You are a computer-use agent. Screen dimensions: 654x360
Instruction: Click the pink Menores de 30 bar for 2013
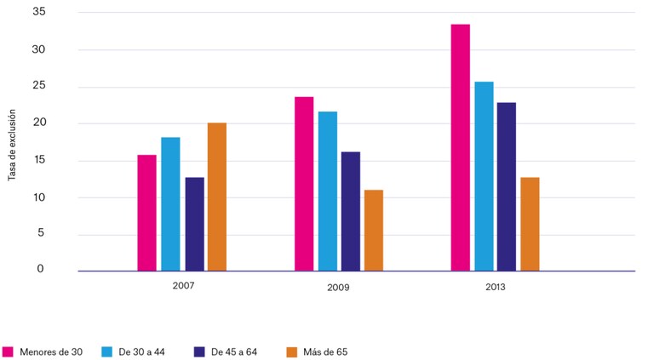[461, 147]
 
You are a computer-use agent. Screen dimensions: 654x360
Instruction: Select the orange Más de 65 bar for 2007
[217, 197]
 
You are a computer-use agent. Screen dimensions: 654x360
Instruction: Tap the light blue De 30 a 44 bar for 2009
[328, 191]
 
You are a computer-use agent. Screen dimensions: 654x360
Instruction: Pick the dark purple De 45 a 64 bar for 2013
[507, 186]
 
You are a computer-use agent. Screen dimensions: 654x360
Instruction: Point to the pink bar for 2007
[146, 213]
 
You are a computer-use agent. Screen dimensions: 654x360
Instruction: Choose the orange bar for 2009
[374, 231]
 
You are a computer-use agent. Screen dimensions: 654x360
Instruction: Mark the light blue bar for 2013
[484, 176]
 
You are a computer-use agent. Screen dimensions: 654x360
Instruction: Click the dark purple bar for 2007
[195, 224]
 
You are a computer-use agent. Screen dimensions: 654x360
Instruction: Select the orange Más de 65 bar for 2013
[530, 224]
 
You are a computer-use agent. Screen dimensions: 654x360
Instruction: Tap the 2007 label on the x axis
[183, 286]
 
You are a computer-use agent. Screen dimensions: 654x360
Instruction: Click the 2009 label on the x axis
[338, 288]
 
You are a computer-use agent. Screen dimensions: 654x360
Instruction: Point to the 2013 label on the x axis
[495, 287]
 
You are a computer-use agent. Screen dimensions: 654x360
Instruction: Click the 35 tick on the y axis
[39, 12]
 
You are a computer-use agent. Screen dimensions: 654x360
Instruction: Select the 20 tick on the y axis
[39, 123]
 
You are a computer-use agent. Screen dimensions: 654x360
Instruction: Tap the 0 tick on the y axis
[40, 269]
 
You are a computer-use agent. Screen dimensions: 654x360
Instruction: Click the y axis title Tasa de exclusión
[12, 145]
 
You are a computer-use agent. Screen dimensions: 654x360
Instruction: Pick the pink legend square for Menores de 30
[8, 351]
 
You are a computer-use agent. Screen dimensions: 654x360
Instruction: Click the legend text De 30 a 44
[142, 352]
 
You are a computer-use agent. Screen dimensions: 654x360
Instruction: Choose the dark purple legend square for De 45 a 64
[199, 351]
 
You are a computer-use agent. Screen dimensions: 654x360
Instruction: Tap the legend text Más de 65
[325, 352]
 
